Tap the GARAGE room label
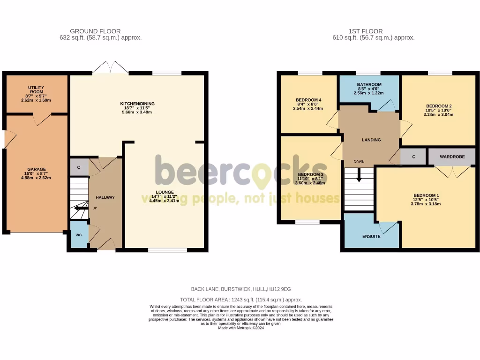pyautogui.click(x=36, y=169)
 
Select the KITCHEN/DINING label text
pyautogui.click(x=137, y=104)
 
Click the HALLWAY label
pyautogui.click(x=105, y=197)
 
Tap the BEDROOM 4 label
pyautogui.click(x=308, y=100)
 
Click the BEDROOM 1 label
pyautogui.click(x=426, y=195)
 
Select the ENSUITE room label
pyautogui.click(x=371, y=236)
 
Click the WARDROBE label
pyautogui.click(x=452, y=157)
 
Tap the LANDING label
pyautogui.click(x=371, y=140)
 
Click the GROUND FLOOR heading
pyautogui.click(x=95, y=31)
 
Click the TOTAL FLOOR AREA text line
pyautogui.click(x=241, y=300)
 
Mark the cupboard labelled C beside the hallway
pyautogui.click(x=79, y=167)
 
